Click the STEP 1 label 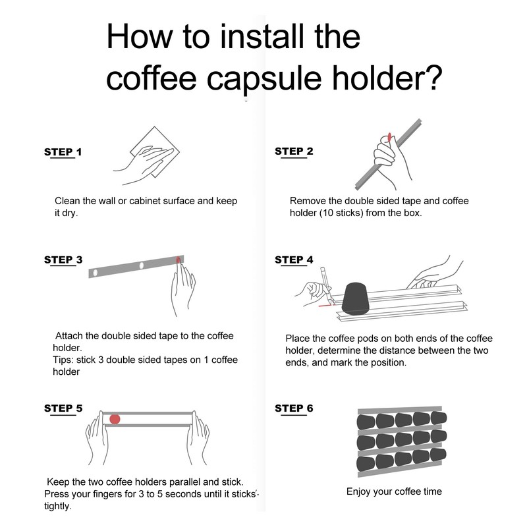(x=63, y=152)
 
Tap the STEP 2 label (x=294, y=152)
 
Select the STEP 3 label (x=63, y=260)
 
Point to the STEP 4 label (x=294, y=260)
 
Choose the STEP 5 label (x=63, y=408)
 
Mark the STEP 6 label (x=294, y=408)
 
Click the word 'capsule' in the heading (x=264, y=79)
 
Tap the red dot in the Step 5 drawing (x=115, y=419)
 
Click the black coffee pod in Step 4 (x=356, y=299)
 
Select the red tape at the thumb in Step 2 (x=389, y=137)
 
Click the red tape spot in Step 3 (x=179, y=260)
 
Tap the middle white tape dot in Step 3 (x=142, y=265)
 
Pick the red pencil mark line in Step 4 (x=325, y=306)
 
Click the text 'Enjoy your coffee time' (x=394, y=491)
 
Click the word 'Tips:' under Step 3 (x=63, y=360)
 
